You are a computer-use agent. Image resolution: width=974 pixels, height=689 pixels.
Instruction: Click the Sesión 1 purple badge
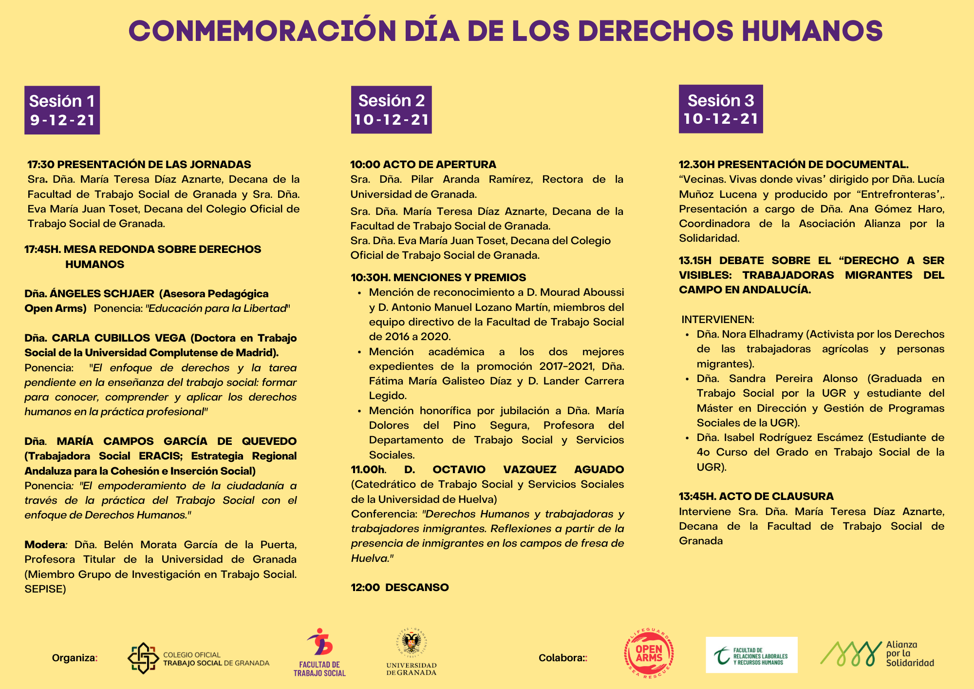(x=62, y=110)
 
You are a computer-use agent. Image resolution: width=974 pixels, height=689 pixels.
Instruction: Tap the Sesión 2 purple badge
(x=391, y=110)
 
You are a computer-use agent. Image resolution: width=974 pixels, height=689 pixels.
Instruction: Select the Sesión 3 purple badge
(x=721, y=109)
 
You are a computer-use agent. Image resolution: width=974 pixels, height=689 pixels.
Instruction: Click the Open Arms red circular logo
(x=649, y=654)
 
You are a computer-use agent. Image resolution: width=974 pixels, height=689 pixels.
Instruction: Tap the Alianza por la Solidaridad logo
(x=877, y=654)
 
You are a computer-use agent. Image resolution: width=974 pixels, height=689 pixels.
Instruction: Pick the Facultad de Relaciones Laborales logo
(x=751, y=655)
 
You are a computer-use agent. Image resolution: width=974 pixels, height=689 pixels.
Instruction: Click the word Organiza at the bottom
(x=74, y=658)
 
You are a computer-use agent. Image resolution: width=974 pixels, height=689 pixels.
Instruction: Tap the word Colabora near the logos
(x=561, y=658)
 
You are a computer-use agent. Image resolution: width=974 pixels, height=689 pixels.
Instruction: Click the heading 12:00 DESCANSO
(x=400, y=587)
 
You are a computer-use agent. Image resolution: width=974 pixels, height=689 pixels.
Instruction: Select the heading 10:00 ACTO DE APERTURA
(x=423, y=164)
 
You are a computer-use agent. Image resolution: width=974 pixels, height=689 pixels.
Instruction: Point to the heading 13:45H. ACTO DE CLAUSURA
(x=756, y=496)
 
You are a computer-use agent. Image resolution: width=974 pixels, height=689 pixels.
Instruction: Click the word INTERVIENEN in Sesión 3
(x=717, y=320)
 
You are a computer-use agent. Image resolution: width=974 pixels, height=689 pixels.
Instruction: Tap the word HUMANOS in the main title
(x=812, y=31)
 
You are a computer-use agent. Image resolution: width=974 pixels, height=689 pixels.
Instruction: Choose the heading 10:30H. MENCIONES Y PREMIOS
(x=438, y=277)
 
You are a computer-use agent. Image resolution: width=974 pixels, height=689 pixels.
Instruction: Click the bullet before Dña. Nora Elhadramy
(x=687, y=335)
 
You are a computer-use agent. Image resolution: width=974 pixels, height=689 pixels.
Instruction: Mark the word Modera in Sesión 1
(x=45, y=544)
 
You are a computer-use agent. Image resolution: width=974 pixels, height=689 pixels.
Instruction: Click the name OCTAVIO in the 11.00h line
(x=459, y=469)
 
